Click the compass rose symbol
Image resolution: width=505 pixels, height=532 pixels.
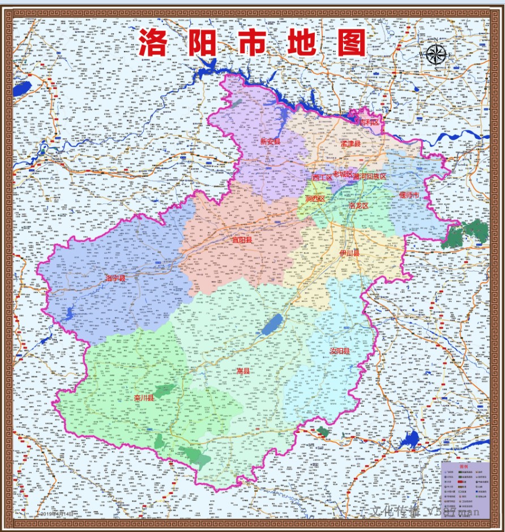pyautogui.click(x=436, y=54)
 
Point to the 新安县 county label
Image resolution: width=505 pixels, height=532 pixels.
pyautogui.click(x=270, y=141)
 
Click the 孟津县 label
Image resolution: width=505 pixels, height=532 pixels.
pyautogui.click(x=350, y=144)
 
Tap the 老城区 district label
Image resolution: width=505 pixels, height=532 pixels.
pyautogui.click(x=343, y=173)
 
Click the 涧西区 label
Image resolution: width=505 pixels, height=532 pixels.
pyautogui.click(x=315, y=199)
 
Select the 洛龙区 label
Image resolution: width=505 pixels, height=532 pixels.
pyautogui.click(x=358, y=206)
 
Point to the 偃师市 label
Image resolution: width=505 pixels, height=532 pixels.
pyautogui.click(x=409, y=195)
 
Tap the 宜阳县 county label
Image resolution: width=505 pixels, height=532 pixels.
pyautogui.click(x=242, y=240)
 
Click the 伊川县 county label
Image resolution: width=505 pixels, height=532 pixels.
pyautogui.click(x=349, y=253)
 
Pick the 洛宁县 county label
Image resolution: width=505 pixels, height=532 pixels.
pyautogui.click(x=115, y=278)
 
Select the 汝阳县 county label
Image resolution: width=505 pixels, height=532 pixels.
pyautogui.click(x=340, y=351)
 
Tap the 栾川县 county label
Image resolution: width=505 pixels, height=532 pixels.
pyautogui.click(x=144, y=398)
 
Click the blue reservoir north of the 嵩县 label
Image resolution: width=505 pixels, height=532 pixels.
pyautogui.click(x=272, y=325)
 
